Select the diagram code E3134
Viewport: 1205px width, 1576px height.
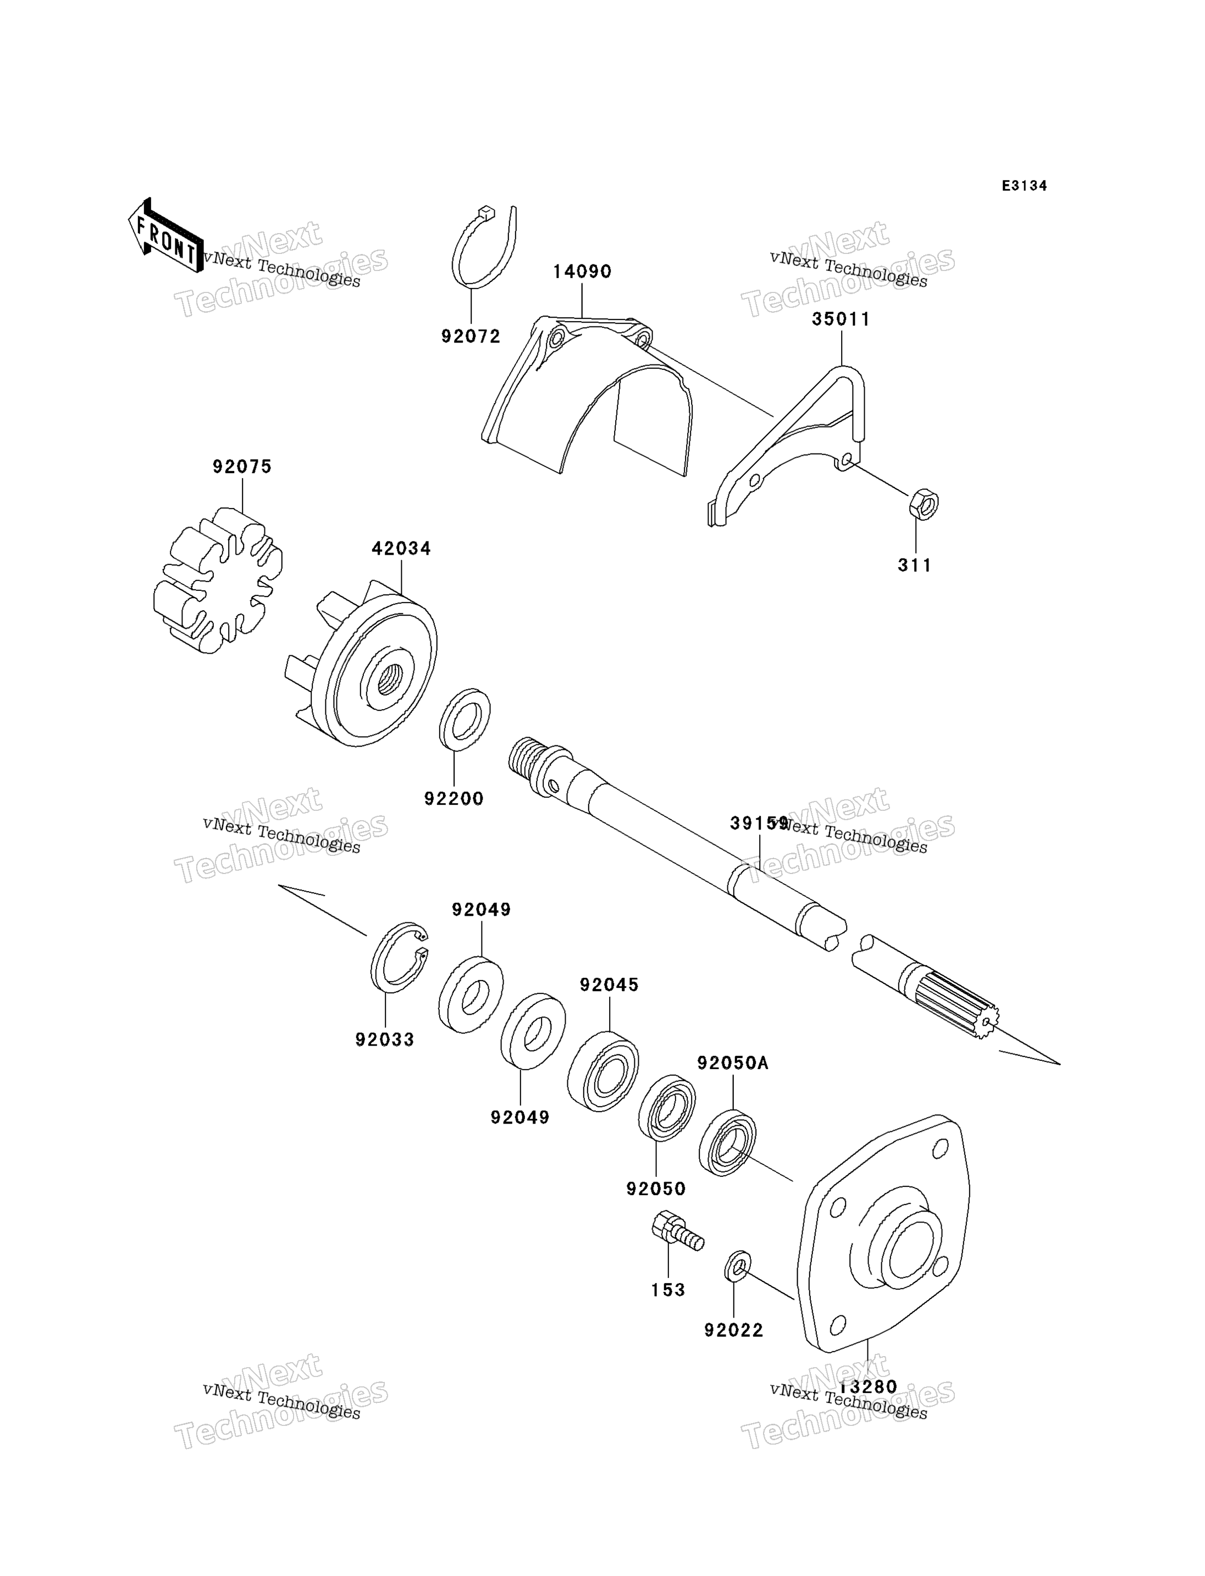coord(1024,186)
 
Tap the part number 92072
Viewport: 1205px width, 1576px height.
coord(471,336)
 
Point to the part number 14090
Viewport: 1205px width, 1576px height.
coord(582,272)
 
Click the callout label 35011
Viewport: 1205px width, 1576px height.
coord(841,319)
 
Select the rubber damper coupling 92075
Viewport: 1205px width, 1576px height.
coord(217,579)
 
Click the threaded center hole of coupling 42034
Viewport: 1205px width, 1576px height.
coord(390,678)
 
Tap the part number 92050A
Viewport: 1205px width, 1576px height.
coord(732,1063)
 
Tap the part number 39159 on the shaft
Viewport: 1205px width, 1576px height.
coord(758,823)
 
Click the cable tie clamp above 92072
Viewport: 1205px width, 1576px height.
coord(484,248)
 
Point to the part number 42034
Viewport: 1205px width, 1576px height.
coord(401,549)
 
